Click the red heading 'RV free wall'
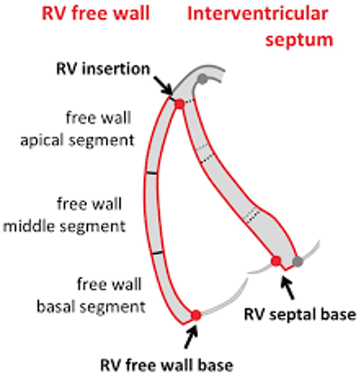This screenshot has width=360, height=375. [95, 14]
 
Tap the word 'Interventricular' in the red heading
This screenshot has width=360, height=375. [257, 14]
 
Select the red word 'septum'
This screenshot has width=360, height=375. [299, 40]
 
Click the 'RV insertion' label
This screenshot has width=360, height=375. [103, 68]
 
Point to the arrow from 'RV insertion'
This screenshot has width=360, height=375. [163, 86]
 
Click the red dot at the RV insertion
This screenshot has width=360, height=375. [179, 104]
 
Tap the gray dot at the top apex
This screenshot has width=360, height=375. [203, 79]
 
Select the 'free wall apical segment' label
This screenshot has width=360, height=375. [77, 129]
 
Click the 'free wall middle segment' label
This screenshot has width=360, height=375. [64, 215]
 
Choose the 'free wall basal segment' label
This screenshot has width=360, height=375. [91, 295]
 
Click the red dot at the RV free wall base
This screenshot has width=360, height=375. [196, 315]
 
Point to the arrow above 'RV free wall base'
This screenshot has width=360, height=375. [191, 337]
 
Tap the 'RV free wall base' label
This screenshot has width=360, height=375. [167, 365]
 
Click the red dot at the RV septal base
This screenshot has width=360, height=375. [276, 261]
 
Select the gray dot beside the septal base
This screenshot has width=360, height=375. [298, 262]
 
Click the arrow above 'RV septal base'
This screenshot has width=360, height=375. [288, 288]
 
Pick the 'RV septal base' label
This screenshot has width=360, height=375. [300, 315]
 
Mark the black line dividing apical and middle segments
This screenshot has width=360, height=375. [151, 173]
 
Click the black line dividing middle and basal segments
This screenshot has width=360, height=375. [157, 253]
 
